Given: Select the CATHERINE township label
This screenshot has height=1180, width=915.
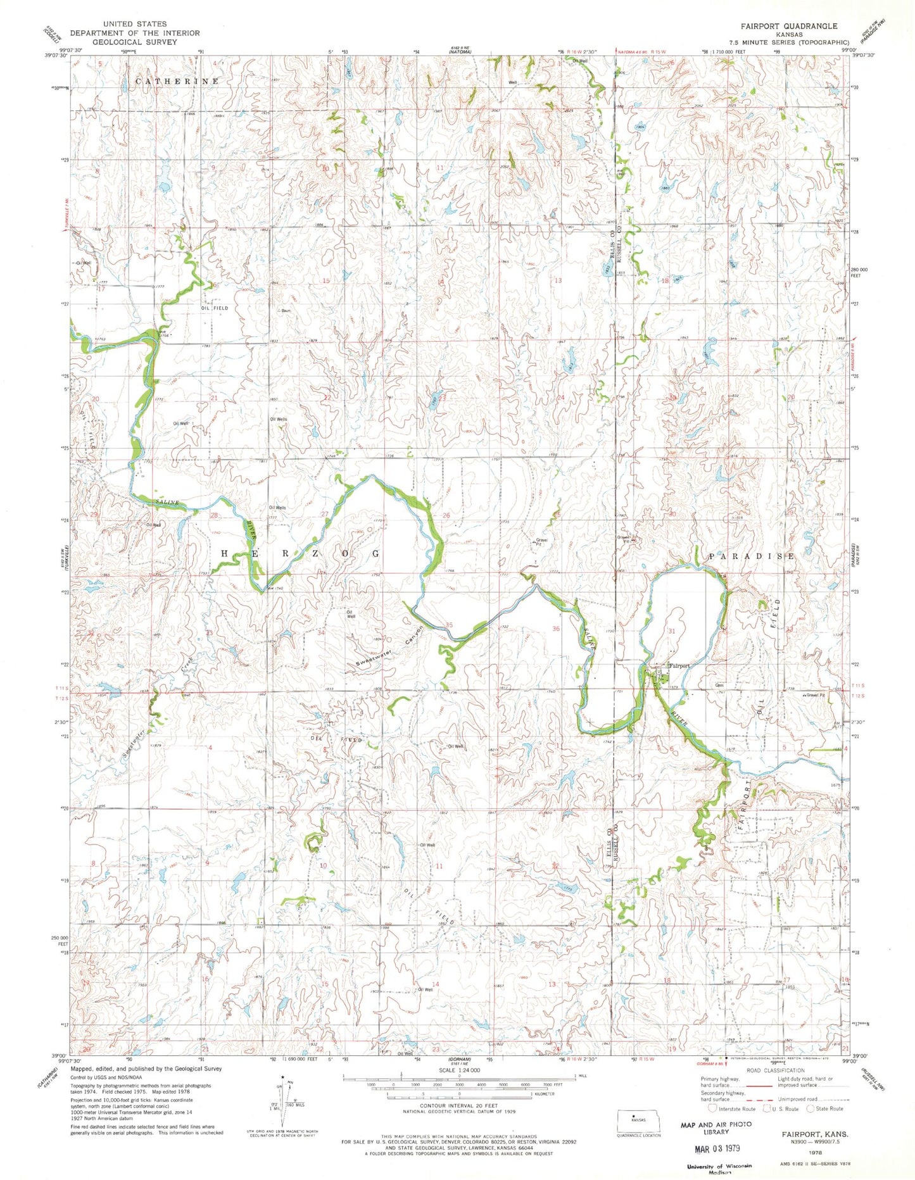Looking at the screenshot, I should pos(177,82).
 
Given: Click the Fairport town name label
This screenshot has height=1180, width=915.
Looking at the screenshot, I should pos(679,666).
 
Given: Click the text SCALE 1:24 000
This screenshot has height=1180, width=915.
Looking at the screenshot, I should pos(459,1070).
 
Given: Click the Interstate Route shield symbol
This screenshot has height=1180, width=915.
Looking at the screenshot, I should pos(712,1108).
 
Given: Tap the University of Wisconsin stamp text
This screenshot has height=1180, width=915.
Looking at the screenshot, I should pos(719,1166).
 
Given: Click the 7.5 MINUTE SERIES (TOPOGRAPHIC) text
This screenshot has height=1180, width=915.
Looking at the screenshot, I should pos(789,42).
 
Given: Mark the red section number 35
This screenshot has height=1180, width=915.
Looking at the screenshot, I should pos(449,625).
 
